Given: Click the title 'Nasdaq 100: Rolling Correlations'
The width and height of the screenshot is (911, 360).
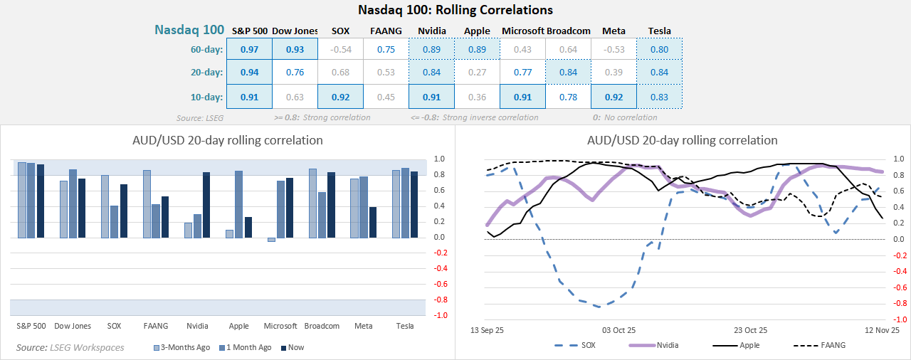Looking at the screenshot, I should tap(455, 10).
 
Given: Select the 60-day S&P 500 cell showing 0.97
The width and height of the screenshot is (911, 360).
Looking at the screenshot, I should tap(250, 49).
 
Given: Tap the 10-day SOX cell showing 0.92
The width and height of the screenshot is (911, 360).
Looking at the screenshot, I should tap(341, 97).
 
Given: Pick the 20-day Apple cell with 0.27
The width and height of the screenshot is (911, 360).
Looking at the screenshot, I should tap(477, 73).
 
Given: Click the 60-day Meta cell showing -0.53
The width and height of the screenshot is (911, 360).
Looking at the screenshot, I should tap(614, 49).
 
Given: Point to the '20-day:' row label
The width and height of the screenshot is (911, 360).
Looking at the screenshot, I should tap(206, 73).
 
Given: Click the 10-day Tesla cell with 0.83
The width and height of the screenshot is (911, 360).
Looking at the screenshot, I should tap(659, 97).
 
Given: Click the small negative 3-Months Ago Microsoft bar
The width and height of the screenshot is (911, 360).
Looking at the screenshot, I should tap(271, 240).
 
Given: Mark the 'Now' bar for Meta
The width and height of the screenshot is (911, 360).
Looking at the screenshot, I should tap(373, 222).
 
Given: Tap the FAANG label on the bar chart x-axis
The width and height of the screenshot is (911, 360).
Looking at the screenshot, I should tap(155, 326).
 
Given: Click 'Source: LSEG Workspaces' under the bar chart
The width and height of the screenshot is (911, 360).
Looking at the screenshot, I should tap(70, 347).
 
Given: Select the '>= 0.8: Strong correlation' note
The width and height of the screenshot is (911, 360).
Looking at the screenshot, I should tap(322, 117).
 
